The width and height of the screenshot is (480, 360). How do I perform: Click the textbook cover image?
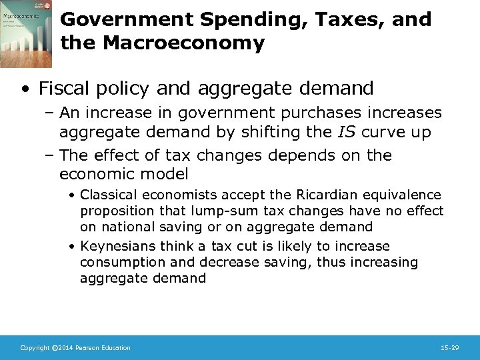pos(27,33)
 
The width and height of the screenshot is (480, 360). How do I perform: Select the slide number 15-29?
pos(450,348)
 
